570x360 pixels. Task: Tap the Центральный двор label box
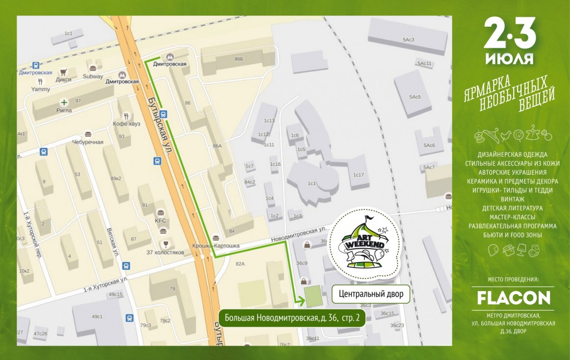point(371,294)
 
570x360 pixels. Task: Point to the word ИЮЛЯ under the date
point(509,58)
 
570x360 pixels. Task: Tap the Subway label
point(92,76)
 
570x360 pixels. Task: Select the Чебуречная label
point(87,142)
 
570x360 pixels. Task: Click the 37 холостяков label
point(165,252)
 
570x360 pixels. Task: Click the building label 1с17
point(358,175)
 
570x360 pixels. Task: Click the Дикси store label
point(63,79)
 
